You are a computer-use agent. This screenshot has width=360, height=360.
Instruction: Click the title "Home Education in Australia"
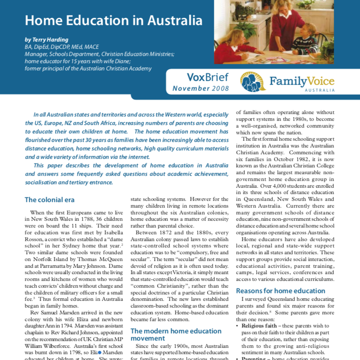[x=113, y=20]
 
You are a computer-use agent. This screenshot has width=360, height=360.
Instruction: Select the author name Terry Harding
[x=62, y=40]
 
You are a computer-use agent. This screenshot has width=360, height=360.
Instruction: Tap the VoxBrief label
[x=208, y=78]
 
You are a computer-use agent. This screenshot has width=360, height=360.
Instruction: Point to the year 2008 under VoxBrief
[x=221, y=89]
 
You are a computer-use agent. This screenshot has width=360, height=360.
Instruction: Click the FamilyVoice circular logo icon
[x=253, y=82]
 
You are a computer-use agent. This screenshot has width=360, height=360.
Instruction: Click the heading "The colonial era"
[x=50, y=200]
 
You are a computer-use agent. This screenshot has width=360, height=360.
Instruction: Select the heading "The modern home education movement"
[x=176, y=335]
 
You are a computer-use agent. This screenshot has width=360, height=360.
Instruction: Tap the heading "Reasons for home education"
[x=280, y=291]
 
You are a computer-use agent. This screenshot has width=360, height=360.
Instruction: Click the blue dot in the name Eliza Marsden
[x=100, y=352]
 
